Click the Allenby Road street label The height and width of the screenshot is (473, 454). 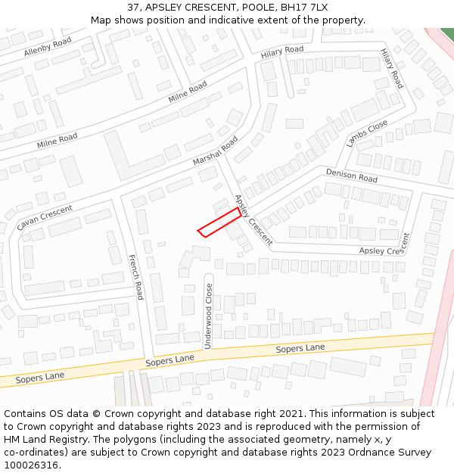pyautogui.click(x=47, y=46)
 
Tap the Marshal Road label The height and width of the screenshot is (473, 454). pyautogui.click(x=215, y=151)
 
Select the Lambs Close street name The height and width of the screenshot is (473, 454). pyautogui.click(x=367, y=132)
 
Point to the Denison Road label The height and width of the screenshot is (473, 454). pyautogui.click(x=352, y=176)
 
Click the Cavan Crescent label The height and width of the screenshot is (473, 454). pyautogui.click(x=45, y=218)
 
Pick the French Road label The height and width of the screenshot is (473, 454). pyautogui.click(x=135, y=277)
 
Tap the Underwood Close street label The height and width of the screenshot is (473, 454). pyautogui.click(x=209, y=316)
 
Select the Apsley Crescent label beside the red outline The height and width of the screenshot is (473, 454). pyautogui.click(x=253, y=220)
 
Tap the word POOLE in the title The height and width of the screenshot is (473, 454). pyautogui.click(x=260, y=8)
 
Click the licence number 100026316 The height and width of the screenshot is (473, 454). pyautogui.click(x=32, y=465)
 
